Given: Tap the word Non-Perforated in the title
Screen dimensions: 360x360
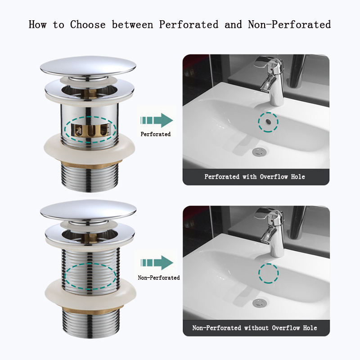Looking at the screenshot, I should (289, 24).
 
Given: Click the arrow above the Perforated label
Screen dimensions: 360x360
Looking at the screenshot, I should (156, 120).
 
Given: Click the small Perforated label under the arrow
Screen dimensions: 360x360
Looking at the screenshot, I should (156, 134).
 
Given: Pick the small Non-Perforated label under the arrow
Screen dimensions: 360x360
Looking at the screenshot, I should (158, 278).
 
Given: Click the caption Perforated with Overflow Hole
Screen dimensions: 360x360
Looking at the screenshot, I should (255, 177).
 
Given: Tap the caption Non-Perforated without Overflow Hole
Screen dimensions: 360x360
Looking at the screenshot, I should (255, 328).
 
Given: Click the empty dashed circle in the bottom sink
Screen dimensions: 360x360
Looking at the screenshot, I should (268, 273).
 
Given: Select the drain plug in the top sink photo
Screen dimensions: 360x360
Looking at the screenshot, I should (259, 152).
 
